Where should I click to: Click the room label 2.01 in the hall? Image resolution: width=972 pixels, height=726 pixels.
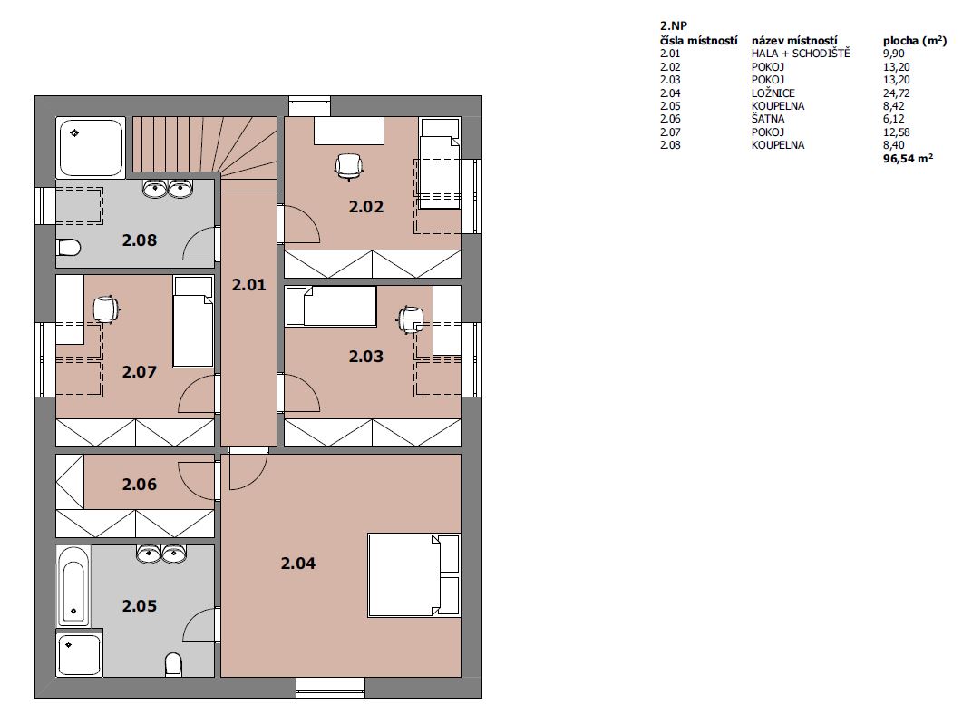(248, 285)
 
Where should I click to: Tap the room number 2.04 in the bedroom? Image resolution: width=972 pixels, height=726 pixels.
(298, 564)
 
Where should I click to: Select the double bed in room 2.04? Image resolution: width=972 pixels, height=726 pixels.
(414, 574)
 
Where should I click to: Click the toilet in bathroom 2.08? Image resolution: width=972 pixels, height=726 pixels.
(69, 248)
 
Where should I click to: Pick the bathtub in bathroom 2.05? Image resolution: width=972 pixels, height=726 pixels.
(73, 585)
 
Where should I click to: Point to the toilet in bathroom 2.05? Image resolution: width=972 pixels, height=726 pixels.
(174, 664)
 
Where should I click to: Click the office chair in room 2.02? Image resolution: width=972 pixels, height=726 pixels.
(348, 166)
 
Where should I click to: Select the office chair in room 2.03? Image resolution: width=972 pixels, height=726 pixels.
(410, 319)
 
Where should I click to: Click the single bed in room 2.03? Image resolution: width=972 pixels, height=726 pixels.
(331, 306)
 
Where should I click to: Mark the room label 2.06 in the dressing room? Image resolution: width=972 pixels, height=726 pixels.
(140, 485)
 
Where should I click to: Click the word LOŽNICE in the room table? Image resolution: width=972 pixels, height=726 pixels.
(773, 93)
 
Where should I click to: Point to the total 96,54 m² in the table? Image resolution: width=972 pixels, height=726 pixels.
(909, 158)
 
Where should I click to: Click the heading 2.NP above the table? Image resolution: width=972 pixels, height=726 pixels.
(674, 26)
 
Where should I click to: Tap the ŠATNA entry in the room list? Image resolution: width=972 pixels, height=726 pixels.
(768, 119)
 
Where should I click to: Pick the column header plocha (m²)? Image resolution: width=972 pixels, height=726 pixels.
(914, 41)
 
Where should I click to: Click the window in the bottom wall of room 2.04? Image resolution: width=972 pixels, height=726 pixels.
(330, 688)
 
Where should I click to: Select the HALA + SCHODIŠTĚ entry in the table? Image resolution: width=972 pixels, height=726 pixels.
(801, 54)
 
